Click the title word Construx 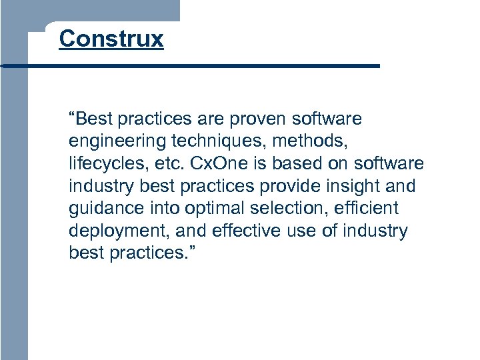point(111,39)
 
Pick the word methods point(311,141)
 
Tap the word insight point(353,186)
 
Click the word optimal point(219,209)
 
